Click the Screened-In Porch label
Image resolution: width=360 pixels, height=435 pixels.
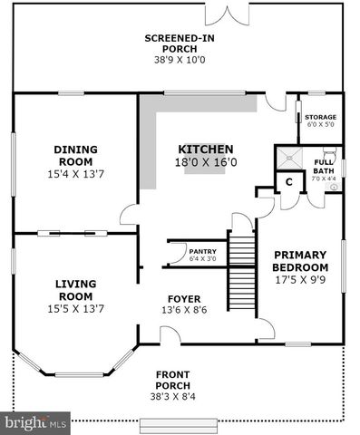click(x=180, y=43)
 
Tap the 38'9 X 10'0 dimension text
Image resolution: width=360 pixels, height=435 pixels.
click(x=180, y=60)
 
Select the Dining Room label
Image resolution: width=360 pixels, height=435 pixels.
click(x=76, y=156)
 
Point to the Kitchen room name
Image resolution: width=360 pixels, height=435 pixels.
click(x=206, y=150)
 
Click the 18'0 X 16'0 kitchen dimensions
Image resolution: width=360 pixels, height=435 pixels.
click(x=207, y=163)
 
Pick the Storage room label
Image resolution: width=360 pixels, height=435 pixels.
click(x=320, y=117)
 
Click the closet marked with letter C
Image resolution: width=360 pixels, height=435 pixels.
click(x=288, y=181)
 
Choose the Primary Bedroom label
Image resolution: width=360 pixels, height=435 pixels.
click(x=300, y=262)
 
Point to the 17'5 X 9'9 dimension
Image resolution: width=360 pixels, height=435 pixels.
click(x=300, y=281)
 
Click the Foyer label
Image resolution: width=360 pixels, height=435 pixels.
click(x=184, y=298)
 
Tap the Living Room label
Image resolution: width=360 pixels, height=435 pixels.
click(x=76, y=290)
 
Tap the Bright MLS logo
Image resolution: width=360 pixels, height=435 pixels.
click(x=37, y=422)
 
